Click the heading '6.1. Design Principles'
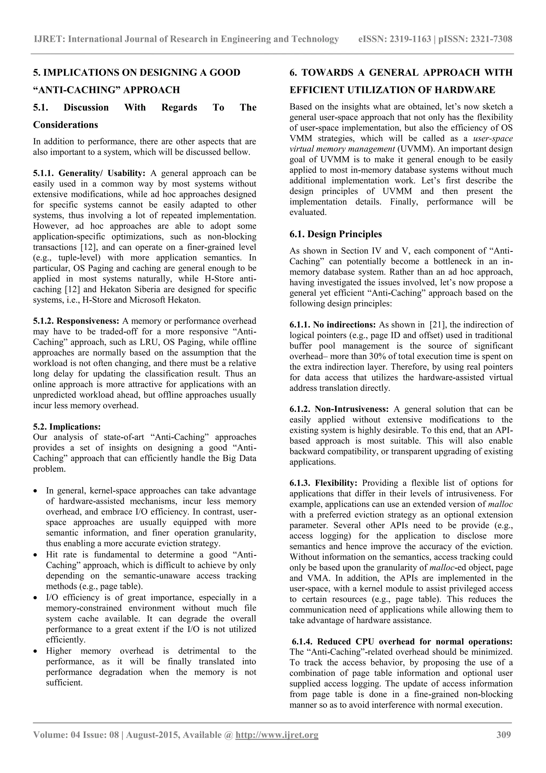[335, 234]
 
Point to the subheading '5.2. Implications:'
[67, 427]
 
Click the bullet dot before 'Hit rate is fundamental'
[36, 555]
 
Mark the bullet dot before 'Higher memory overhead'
[36, 651]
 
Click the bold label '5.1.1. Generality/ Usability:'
[89, 173]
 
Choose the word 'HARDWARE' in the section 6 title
[470, 90]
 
